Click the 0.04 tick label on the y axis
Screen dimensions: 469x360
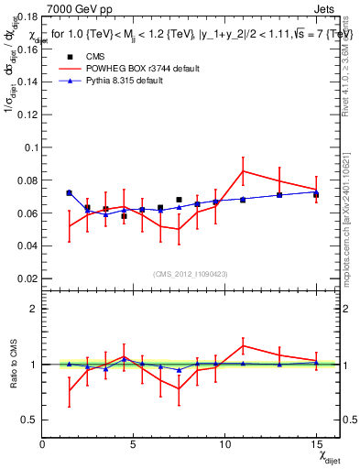click(x=27, y=245)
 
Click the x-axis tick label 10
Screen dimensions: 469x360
click(x=224, y=444)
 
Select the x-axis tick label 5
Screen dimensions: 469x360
click(x=134, y=444)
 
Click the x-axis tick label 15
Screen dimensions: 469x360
click(x=315, y=444)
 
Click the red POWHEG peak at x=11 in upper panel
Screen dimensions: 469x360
click(x=243, y=170)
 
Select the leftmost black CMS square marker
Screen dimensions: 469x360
click(x=69, y=193)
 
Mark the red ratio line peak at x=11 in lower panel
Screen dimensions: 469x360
click(x=243, y=345)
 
